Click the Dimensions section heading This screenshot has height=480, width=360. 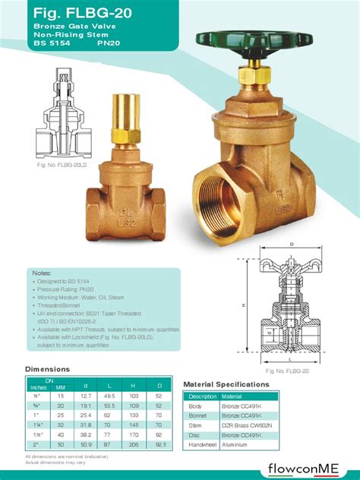coord(47,369)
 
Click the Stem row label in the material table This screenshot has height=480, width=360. coord(196,426)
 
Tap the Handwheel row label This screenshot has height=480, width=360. coord(203,446)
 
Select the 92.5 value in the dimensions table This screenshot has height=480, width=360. coord(159,444)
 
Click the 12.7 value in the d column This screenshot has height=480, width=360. coord(86,396)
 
